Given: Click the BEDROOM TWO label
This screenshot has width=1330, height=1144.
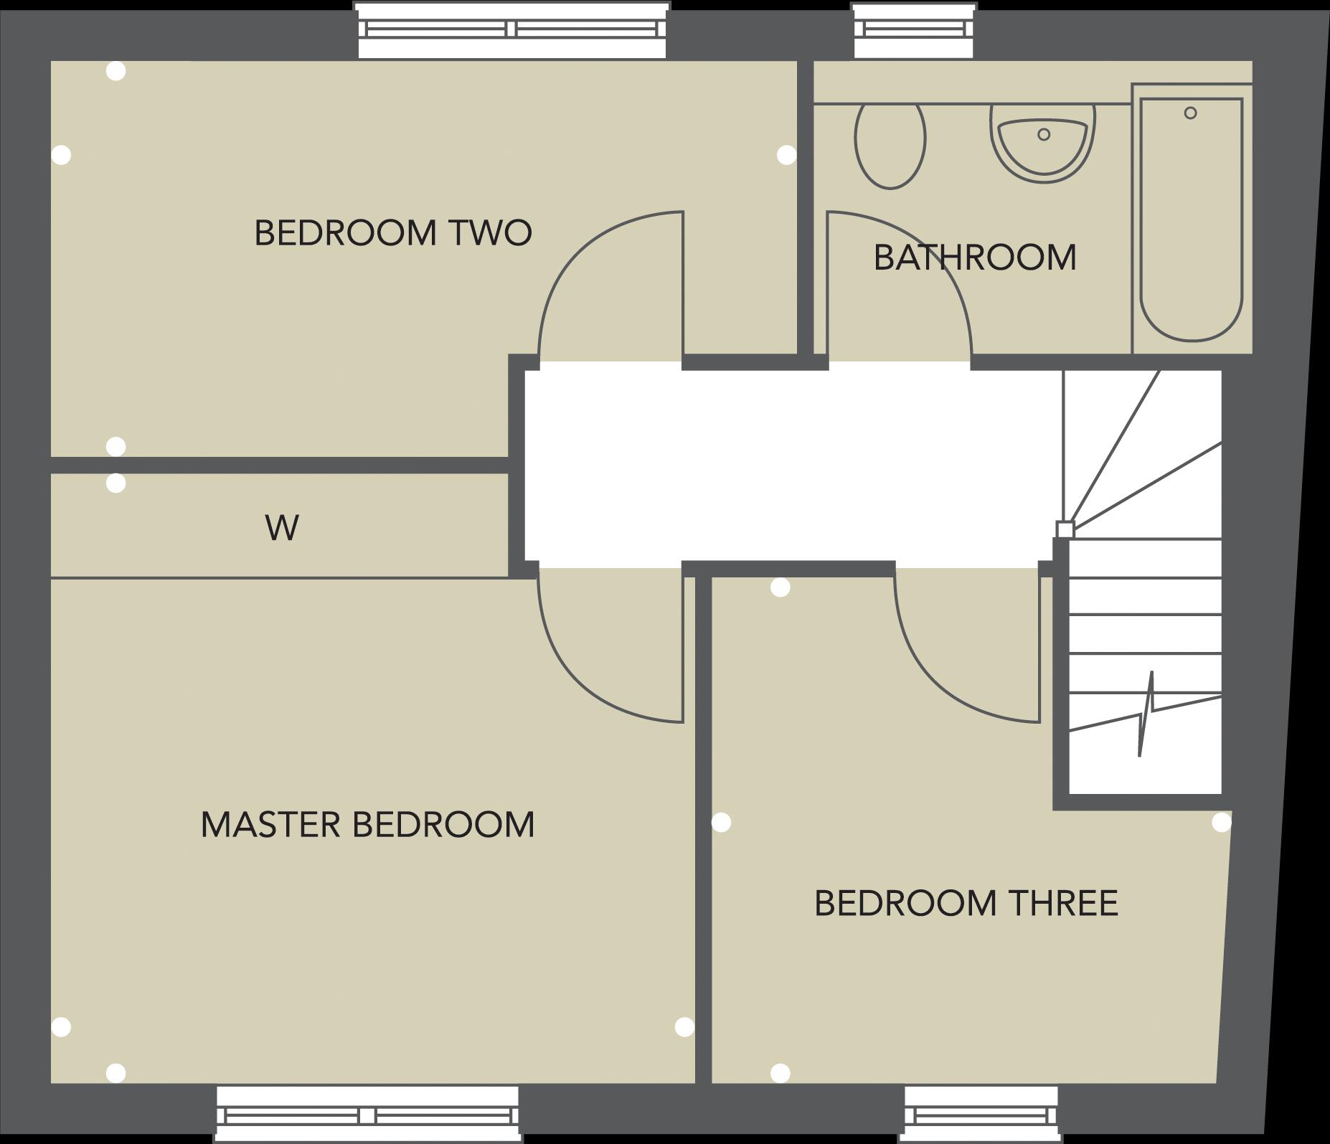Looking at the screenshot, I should click(x=393, y=233).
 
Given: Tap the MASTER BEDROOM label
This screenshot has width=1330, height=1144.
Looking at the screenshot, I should click(x=367, y=825).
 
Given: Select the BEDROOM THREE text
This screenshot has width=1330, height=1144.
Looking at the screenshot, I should click(x=966, y=903).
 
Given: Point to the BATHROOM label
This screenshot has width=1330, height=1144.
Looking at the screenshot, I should click(x=975, y=257).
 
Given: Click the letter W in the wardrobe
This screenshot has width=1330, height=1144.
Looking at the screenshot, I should click(x=282, y=529).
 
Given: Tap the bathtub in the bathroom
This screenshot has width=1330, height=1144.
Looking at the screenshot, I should click(x=1191, y=222).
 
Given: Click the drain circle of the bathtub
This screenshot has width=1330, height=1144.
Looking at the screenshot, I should click(x=1190, y=113).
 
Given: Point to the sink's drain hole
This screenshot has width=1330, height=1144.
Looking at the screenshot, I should click(x=1044, y=134).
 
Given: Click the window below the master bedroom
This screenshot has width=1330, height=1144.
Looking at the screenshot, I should click(x=367, y=1115).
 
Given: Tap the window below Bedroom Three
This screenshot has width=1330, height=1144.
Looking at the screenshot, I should click(x=981, y=1115).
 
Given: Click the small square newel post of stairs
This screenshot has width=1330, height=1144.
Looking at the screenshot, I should click(x=1065, y=529).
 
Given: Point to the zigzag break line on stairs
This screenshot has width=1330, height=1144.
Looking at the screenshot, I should click(x=1146, y=714).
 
